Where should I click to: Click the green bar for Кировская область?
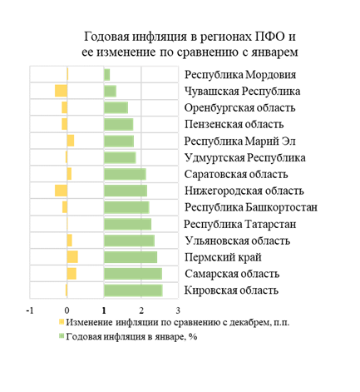pos(133,290)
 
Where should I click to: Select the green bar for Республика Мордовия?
pos(107,75)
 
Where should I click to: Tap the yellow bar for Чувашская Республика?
pos(61,91)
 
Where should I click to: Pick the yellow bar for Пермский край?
pos(72,257)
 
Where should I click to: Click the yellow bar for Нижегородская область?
pos(61,191)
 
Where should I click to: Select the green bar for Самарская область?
pos(133,274)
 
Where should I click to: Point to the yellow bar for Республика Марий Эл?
pos(71,141)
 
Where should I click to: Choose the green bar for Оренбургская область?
pos(116,107)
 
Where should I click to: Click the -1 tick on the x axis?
pos(30,310)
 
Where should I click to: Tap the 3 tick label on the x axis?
pos(178,310)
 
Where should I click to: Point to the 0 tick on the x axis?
pos(67,310)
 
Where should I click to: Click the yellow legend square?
pos(62,322)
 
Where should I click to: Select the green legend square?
pos(62,336)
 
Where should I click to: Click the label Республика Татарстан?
pos(240,224)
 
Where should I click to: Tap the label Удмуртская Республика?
pos(245,158)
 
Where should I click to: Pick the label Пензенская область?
pos(234,124)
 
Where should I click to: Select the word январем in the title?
pos(274,52)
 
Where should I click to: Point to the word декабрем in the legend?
pos(249,322)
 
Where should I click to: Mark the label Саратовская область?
pos(236,174)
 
